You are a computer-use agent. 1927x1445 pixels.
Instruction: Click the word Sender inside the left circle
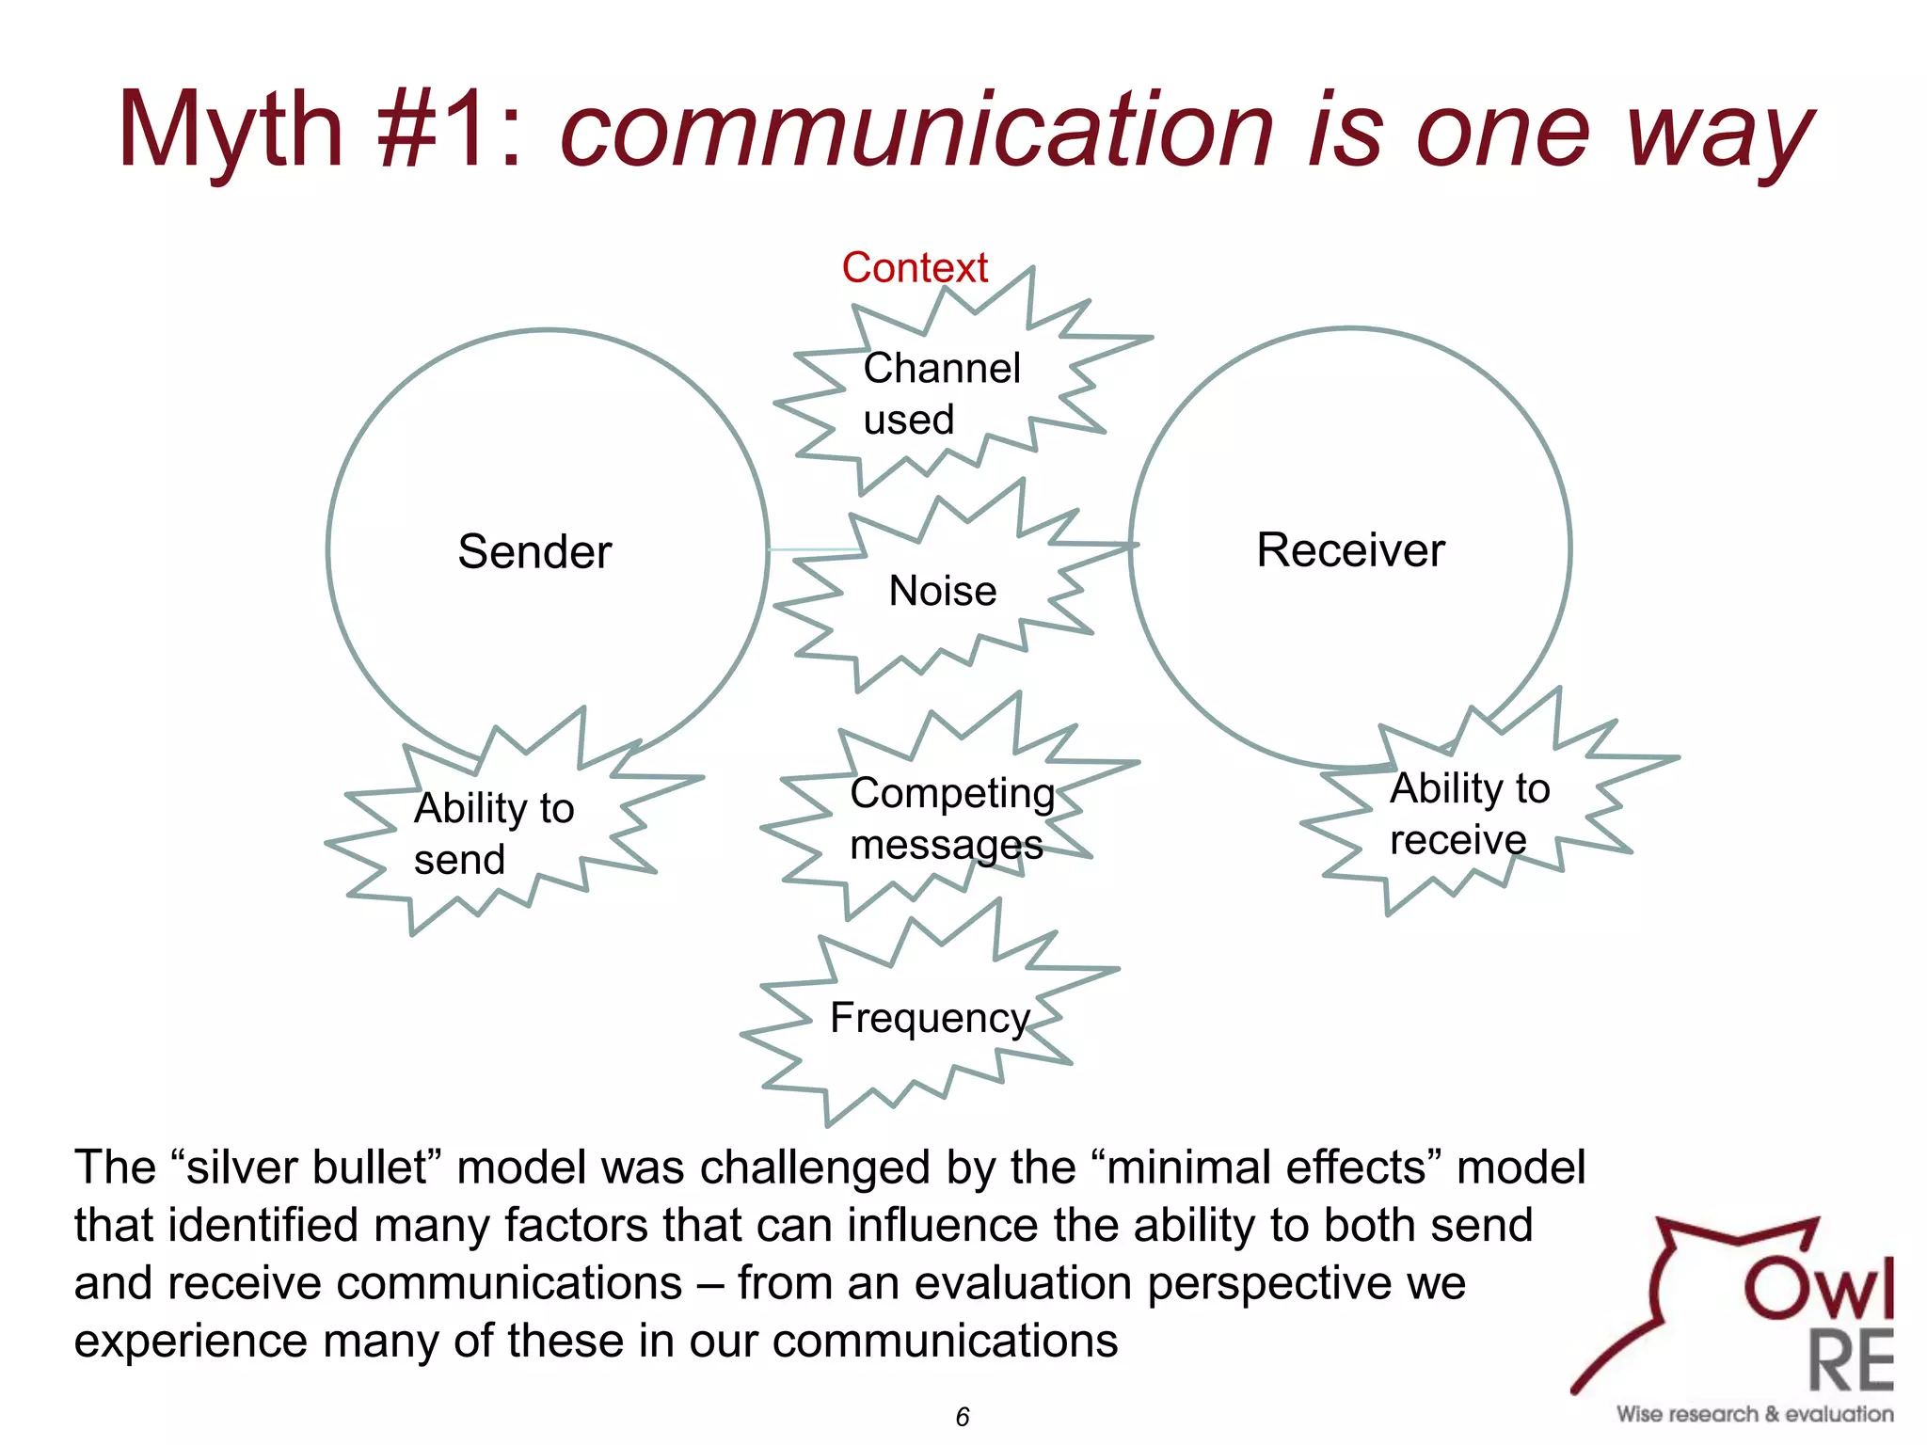pyautogui.click(x=534, y=551)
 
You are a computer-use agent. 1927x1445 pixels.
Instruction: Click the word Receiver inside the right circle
pyautogui.click(x=1350, y=550)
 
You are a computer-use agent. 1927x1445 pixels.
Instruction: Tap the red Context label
pyautogui.click(x=915, y=268)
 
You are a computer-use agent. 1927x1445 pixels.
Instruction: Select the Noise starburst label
pyautogui.click(x=943, y=592)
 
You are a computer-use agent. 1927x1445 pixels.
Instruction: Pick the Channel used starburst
pyautogui.click(x=941, y=393)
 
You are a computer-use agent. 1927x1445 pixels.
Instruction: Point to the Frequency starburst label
pyautogui.click(x=930, y=1018)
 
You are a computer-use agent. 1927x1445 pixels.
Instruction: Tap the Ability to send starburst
pyautogui.click(x=493, y=834)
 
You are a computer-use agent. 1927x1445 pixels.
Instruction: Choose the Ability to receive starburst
pyautogui.click(x=1469, y=814)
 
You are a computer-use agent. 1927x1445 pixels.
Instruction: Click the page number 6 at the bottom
pyautogui.click(x=963, y=1417)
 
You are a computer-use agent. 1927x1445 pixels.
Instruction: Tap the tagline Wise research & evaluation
pyautogui.click(x=1755, y=1414)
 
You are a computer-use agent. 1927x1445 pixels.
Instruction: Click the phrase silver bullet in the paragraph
pyautogui.click(x=307, y=1167)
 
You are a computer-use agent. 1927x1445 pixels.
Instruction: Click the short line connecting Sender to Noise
pyautogui.click(x=813, y=549)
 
